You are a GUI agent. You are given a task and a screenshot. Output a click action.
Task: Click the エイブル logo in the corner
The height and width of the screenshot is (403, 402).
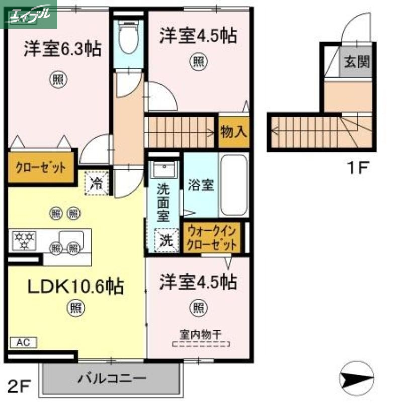pos(29,14)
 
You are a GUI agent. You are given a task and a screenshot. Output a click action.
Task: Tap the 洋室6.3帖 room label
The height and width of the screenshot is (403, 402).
pos(61,49)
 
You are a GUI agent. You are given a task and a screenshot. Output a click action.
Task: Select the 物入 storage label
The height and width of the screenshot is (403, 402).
pos(233,131)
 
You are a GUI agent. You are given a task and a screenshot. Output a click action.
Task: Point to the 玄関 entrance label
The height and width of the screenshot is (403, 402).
pos(357,62)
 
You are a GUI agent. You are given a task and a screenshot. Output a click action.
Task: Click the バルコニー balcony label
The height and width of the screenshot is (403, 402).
pos(112,378)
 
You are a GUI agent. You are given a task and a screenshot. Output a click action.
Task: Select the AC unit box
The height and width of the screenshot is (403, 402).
pos(23,342)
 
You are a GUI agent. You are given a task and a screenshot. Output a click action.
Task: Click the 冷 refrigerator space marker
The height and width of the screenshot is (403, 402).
pos(96,182)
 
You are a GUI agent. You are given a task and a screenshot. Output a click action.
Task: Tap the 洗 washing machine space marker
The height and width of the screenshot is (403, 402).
pos(166,240)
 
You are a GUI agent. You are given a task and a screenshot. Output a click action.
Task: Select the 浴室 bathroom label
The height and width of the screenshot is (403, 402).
pos(201,185)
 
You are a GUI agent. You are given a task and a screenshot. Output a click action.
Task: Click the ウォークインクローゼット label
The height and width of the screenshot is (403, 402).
pos(211,238)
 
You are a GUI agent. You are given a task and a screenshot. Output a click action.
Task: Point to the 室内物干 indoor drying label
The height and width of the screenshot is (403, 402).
pos(201,333)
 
